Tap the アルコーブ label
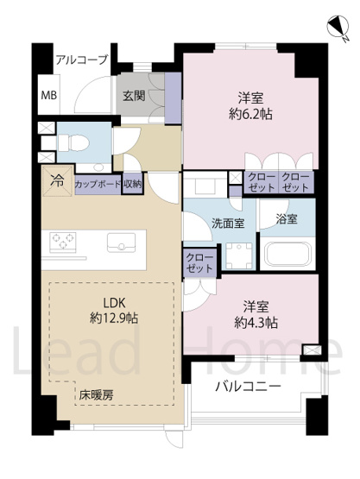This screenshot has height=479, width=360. [x=81, y=60]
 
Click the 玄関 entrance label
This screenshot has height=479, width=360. [x=133, y=95]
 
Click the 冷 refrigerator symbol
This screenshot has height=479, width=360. [x=56, y=182]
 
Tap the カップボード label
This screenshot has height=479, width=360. [x=97, y=184]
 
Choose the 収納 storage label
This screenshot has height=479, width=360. [x=131, y=184]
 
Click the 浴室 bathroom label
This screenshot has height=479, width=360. [x=287, y=218]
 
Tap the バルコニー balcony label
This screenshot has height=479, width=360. [x=249, y=386]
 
